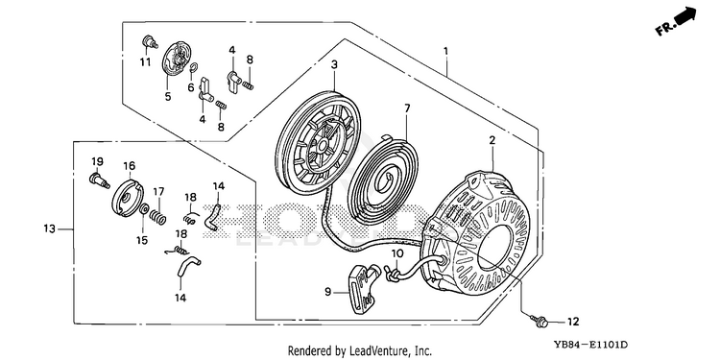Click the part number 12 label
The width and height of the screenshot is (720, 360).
pyautogui.click(x=573, y=323)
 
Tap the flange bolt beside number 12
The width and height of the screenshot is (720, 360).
pyautogui.click(x=539, y=320)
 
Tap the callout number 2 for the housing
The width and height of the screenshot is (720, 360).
pyautogui.click(x=492, y=141)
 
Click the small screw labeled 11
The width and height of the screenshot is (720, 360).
pyautogui.click(x=148, y=42)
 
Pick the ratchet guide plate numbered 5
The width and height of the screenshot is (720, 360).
pyautogui.click(x=176, y=61)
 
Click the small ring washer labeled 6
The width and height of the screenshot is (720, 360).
pyautogui.click(x=193, y=68)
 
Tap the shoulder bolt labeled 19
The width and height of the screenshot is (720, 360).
pyautogui.click(x=99, y=180)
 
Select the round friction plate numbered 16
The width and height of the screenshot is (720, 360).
pyautogui.click(x=127, y=198)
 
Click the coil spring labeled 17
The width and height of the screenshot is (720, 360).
pyautogui.click(x=158, y=215)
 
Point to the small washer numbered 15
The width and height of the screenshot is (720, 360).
pyautogui.click(x=144, y=210)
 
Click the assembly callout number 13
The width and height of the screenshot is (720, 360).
pyautogui.click(x=50, y=228)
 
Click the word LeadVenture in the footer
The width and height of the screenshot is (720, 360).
pyautogui.click(x=373, y=350)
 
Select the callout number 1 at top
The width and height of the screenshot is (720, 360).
pyautogui.click(x=444, y=50)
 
